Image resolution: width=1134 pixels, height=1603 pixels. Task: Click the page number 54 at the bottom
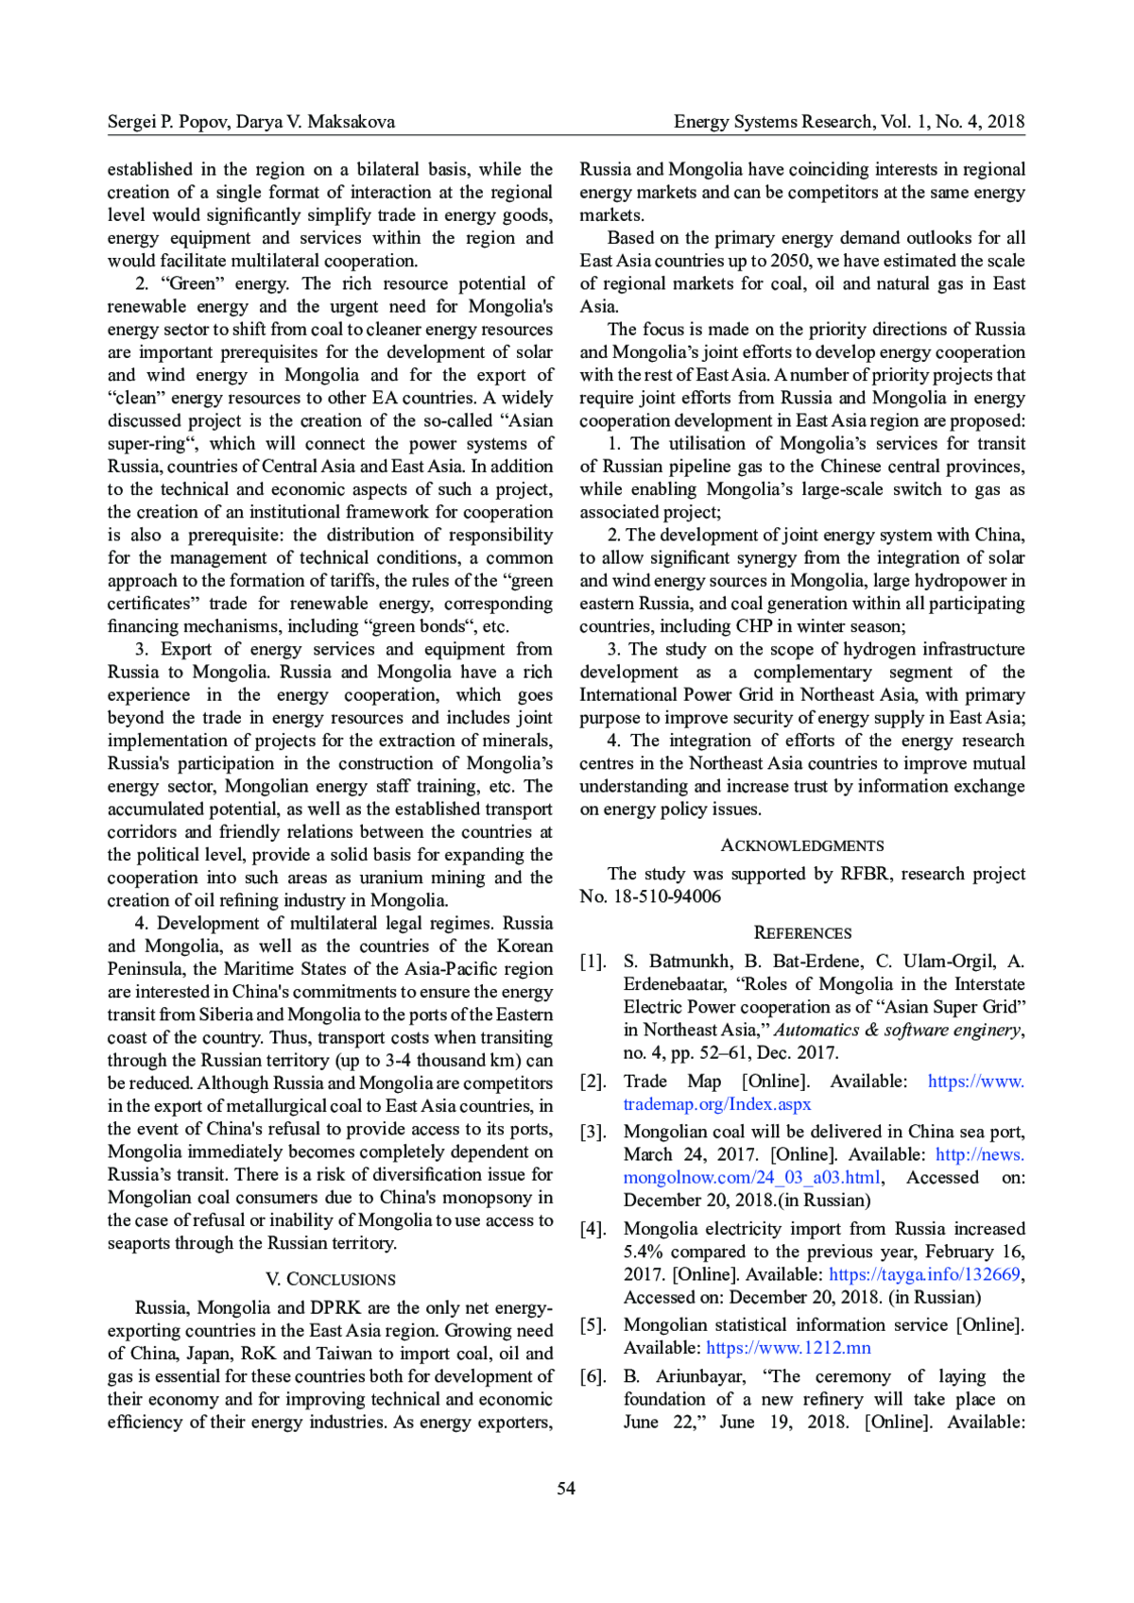point(566,1489)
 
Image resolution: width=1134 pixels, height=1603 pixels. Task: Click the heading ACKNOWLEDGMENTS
point(802,845)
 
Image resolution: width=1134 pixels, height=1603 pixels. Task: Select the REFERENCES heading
point(802,933)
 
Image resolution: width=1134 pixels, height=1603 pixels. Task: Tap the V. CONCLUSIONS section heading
point(330,1279)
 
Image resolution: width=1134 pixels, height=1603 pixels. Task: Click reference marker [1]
point(593,962)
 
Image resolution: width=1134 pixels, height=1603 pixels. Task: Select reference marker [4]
point(593,1229)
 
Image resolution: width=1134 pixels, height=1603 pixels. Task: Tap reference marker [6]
point(593,1376)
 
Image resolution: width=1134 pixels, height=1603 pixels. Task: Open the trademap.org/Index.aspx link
point(716,1104)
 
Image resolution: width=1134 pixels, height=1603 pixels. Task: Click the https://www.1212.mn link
point(788,1348)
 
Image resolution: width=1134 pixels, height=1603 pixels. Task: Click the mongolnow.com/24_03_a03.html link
point(752,1178)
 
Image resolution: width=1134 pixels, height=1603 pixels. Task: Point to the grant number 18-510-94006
point(667,896)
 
